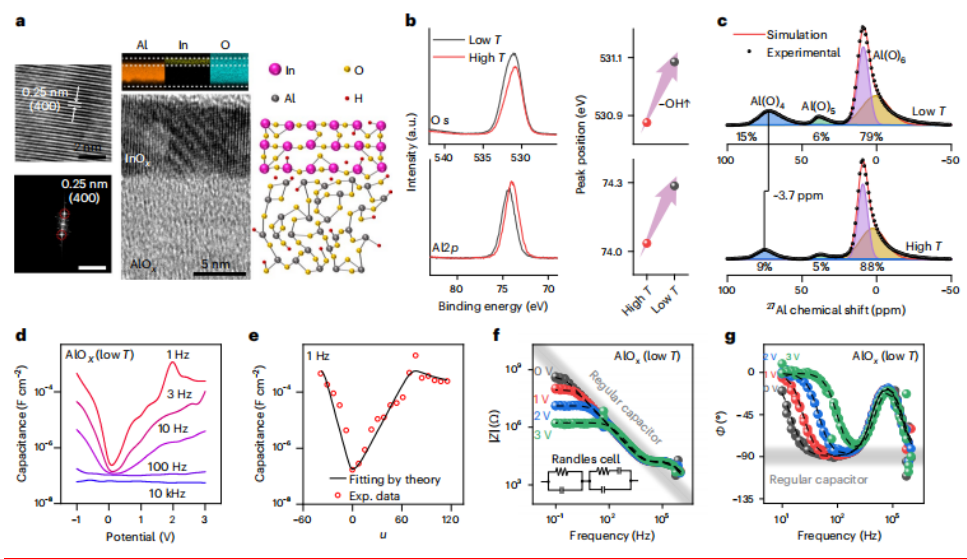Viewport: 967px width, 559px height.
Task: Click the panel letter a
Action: click(x=17, y=18)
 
